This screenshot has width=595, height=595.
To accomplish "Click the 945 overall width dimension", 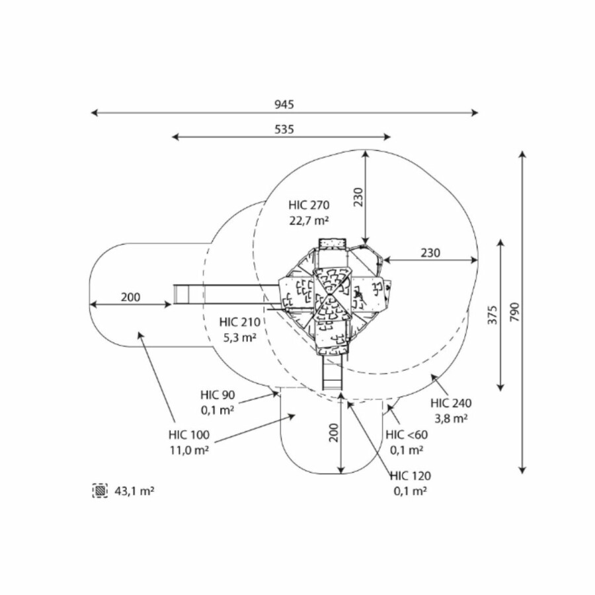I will click(x=284, y=104).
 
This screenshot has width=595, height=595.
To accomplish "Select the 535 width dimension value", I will click(x=284, y=129).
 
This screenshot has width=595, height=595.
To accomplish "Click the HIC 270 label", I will click(x=309, y=204).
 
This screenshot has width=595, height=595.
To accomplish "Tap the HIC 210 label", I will click(x=240, y=322).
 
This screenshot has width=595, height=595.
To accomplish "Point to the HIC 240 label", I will click(x=451, y=402).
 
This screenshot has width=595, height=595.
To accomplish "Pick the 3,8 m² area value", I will click(x=451, y=417).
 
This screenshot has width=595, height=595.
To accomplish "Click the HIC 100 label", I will click(x=188, y=434).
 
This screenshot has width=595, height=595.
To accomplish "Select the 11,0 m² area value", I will click(x=188, y=450).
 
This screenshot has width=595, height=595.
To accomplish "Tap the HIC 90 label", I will click(x=218, y=395).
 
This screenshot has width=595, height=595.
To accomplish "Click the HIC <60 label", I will click(x=407, y=434).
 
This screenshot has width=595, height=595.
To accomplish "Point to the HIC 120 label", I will click(x=410, y=475).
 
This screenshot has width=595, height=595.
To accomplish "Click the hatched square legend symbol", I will click(x=100, y=491).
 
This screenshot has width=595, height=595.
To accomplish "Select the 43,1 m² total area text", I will click(x=135, y=491).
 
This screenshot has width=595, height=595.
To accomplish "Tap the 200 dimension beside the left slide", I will click(x=131, y=297).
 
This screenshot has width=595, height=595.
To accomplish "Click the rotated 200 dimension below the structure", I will click(x=333, y=432).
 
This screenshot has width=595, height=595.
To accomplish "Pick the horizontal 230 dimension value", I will click(x=430, y=253).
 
